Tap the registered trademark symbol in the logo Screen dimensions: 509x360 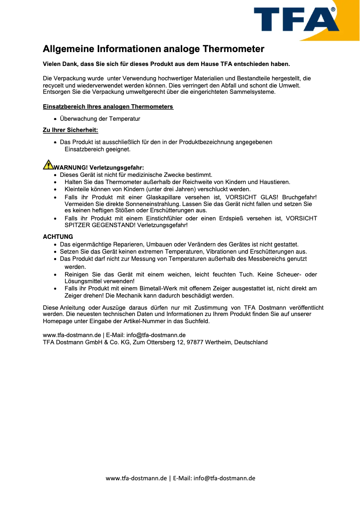point(333,9)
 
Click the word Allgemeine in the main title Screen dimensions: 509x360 point(68,49)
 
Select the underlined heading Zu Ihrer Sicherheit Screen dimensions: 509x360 point(70,130)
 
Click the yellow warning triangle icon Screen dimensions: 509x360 point(48,165)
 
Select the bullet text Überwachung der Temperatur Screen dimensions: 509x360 point(100,119)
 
